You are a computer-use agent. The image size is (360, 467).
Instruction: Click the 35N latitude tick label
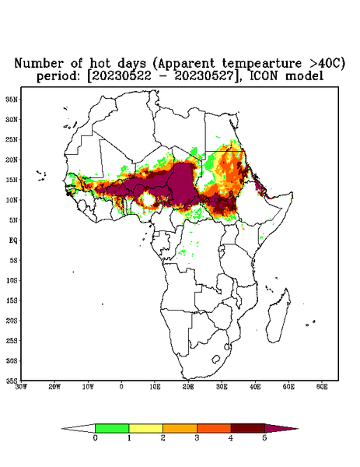[x=12, y=99]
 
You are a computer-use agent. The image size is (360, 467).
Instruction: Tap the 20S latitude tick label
[x=12, y=321]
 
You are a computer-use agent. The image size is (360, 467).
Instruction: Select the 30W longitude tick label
[x=21, y=387]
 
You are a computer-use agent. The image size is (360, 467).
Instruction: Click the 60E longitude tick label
[x=322, y=387]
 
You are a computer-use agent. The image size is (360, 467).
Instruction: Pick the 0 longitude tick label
[x=121, y=387]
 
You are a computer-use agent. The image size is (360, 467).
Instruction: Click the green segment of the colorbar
[x=112, y=428]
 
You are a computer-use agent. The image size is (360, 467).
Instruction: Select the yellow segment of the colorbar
[x=145, y=428]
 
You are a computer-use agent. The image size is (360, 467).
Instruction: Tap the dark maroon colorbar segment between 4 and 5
[x=248, y=428]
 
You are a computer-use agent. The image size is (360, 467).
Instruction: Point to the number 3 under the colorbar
[x=197, y=437]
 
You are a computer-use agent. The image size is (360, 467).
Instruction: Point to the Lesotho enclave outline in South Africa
[x=215, y=359]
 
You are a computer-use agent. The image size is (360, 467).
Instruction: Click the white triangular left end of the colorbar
[x=79, y=428]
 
